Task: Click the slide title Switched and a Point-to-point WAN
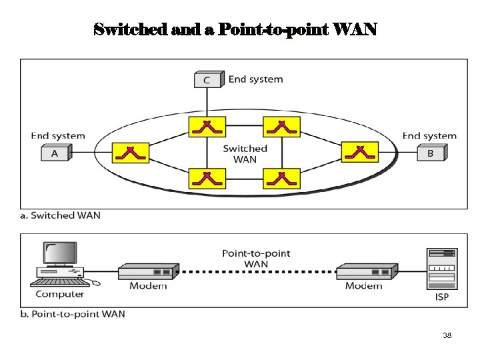(x=235, y=30)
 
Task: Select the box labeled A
(x=55, y=153)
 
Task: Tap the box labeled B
(x=430, y=153)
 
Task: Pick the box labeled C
(x=207, y=80)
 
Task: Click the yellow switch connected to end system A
(x=131, y=153)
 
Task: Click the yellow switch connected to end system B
(x=359, y=152)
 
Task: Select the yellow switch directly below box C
(x=207, y=126)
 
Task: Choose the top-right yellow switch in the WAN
(x=281, y=126)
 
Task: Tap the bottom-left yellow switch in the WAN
(x=207, y=178)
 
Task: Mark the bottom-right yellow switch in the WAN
(x=281, y=178)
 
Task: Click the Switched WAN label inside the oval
(x=245, y=153)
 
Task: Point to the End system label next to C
(x=255, y=79)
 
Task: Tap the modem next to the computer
(x=148, y=271)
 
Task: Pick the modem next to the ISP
(x=367, y=271)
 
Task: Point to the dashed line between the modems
(x=257, y=272)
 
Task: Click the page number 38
(x=447, y=335)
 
